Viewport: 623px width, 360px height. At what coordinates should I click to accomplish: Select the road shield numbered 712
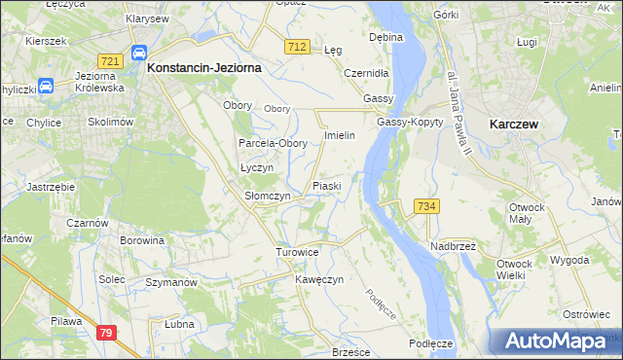click(x=298, y=47)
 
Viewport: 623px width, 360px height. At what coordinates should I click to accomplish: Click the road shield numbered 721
click(x=110, y=60)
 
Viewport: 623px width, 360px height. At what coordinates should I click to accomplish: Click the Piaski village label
click(x=325, y=185)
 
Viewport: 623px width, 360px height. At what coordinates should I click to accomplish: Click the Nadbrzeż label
click(x=452, y=245)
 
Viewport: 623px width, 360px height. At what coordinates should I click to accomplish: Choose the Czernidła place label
click(x=366, y=72)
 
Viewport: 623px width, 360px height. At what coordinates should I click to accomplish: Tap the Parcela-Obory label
click(x=274, y=143)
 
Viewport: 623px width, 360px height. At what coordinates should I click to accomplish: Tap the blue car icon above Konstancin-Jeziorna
click(x=138, y=54)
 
